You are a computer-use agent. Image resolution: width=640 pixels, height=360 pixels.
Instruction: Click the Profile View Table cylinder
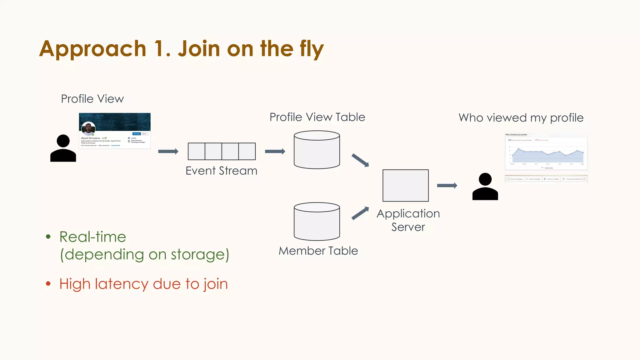317,150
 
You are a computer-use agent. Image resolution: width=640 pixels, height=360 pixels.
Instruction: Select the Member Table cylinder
317,222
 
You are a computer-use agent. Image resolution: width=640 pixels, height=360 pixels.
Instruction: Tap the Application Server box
406,186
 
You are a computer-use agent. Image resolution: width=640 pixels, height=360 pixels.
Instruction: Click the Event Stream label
221,171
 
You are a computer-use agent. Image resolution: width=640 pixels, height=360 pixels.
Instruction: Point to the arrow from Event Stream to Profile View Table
275,152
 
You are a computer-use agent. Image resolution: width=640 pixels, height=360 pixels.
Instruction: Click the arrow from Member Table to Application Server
360,213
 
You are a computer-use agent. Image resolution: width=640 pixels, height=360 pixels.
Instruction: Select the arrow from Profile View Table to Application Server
360,160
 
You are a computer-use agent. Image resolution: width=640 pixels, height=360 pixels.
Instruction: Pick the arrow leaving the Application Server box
447,186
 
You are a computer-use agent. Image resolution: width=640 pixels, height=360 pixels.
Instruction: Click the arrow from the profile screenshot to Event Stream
168,152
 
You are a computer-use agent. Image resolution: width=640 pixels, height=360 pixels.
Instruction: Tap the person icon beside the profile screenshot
63,148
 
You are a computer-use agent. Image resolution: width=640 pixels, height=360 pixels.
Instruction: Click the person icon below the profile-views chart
485,187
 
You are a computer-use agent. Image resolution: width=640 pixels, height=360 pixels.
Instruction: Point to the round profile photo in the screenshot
88,128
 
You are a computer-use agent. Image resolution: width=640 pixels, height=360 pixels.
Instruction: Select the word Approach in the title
93,49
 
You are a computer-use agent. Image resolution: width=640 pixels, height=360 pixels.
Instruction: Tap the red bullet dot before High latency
48,284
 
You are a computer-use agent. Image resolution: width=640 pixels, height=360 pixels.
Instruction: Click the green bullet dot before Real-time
48,237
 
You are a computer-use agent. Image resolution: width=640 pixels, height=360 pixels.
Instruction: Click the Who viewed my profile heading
521,118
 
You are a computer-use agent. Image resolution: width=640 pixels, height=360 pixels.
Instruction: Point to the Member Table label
318,251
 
